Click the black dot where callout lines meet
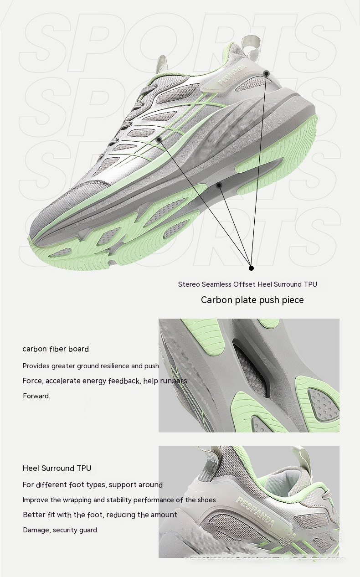[x=251, y=268]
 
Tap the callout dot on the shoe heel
[x=266, y=73]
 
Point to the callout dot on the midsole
[x=219, y=185]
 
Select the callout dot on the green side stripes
[x=159, y=139]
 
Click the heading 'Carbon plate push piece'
[x=252, y=300]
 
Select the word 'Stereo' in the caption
[x=189, y=284]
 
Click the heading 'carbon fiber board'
[x=56, y=349]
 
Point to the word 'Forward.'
[x=36, y=396]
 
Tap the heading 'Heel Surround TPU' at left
[x=57, y=468]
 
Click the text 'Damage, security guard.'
[x=61, y=530]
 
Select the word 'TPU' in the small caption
[x=310, y=284]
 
